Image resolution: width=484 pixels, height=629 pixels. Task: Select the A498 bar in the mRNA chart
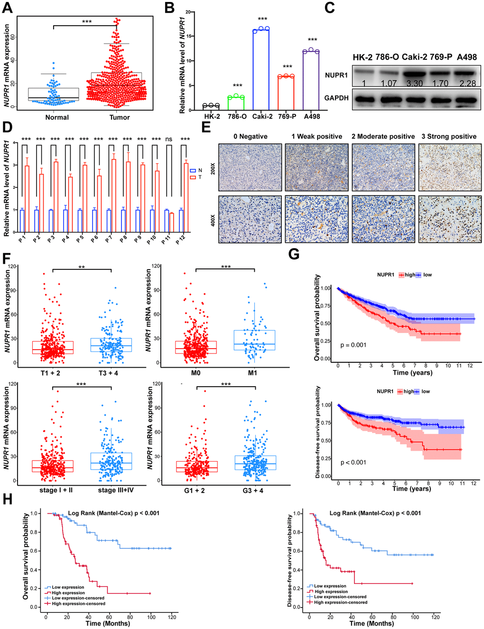pos(311,80)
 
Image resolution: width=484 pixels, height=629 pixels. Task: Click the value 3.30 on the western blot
pos(415,83)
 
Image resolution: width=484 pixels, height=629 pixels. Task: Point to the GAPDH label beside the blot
pos(336,98)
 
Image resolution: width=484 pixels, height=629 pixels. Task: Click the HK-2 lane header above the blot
pos(363,57)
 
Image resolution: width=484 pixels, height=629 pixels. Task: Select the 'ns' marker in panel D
pos(169,139)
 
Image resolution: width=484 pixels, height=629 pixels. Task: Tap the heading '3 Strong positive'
pos(449,137)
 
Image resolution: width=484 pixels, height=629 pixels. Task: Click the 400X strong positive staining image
pos(450,219)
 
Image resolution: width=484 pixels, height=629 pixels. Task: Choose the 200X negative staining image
pos(250,167)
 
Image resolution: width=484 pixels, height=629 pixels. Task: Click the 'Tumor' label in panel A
pos(120,117)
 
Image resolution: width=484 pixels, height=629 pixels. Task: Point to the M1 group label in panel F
pos(252,373)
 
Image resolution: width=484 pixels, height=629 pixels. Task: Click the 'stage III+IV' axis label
pos(116,490)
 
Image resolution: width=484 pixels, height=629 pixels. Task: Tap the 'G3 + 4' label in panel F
pos(253,490)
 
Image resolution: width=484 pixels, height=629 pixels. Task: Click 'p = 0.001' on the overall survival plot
pos(354,345)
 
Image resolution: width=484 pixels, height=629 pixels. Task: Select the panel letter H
pos(8,499)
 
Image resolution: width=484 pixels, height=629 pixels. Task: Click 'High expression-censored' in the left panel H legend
pos(78,604)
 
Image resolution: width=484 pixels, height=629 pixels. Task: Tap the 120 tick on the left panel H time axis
pos(172,617)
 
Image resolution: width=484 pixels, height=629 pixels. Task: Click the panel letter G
pos(294,254)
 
